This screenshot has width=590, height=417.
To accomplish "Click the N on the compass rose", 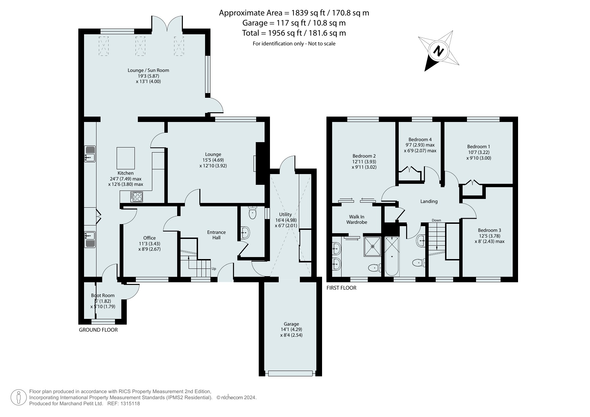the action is click(x=438, y=51).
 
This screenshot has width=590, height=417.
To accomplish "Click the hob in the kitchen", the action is click(x=136, y=197).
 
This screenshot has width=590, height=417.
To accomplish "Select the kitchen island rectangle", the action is click(x=126, y=158).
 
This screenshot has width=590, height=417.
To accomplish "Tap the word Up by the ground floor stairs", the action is click(x=213, y=269).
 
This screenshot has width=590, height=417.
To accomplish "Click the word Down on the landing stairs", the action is click(x=436, y=220).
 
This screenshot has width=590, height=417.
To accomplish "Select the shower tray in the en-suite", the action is click(x=372, y=247).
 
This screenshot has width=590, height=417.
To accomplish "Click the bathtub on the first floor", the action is click(x=392, y=256).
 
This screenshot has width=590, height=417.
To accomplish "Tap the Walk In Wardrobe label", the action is click(x=357, y=219).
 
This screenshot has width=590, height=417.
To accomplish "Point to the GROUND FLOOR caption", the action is click(x=98, y=330).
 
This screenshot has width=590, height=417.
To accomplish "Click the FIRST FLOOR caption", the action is click(x=342, y=288).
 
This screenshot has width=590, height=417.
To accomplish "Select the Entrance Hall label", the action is click(x=217, y=235).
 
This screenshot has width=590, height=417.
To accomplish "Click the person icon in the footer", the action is click(x=19, y=398).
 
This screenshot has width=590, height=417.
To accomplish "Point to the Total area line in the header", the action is click(x=294, y=33).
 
